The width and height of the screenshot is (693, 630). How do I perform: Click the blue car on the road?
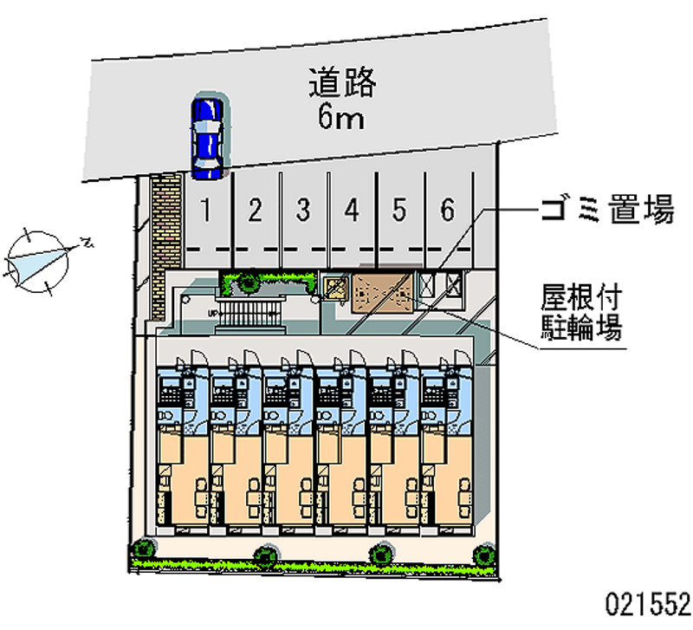point(207,135)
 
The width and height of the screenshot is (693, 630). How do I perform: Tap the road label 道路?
point(342,82)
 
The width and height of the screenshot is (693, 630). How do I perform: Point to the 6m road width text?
point(340,116)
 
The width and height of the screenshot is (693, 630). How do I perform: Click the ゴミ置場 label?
point(606,210)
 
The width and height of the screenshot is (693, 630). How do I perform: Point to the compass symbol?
point(39,257)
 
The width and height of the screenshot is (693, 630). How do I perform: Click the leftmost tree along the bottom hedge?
point(141,548)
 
